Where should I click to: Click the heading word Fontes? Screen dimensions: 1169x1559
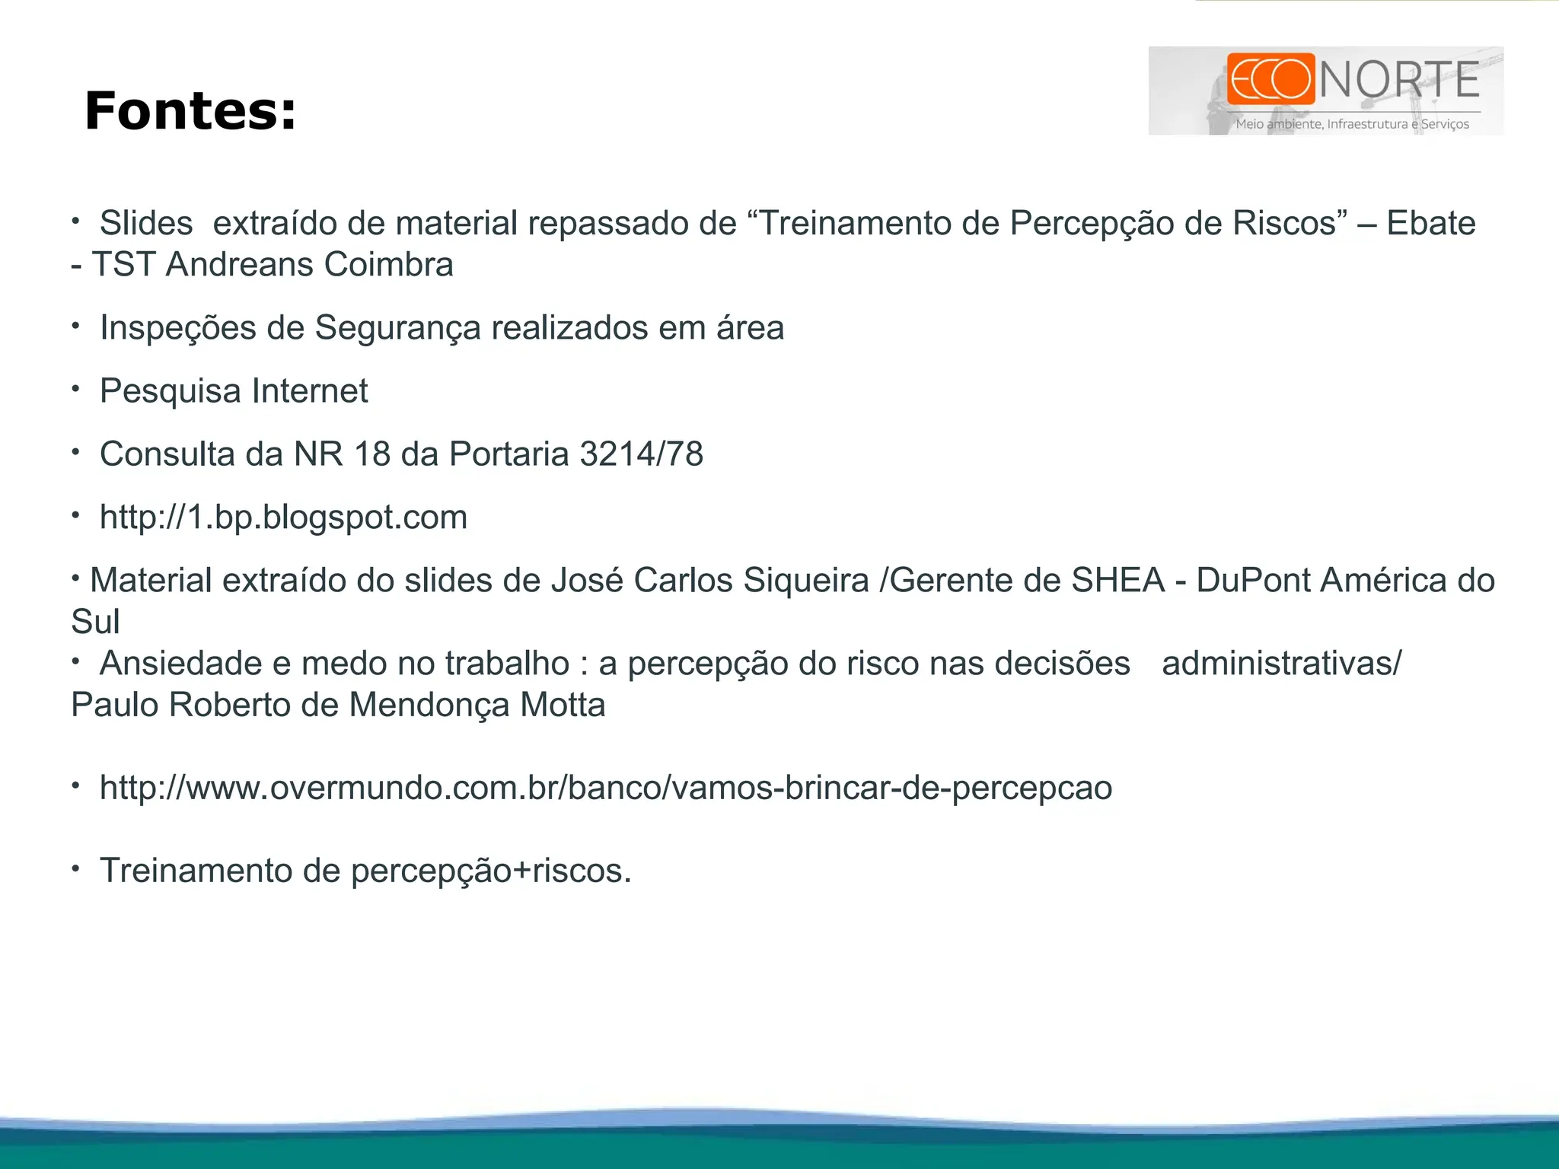[190, 111]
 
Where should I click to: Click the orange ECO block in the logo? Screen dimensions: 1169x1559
[1270, 79]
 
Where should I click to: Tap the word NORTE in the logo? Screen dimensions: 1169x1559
[1399, 81]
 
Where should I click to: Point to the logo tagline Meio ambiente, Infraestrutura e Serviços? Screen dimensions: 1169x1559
[1352, 124]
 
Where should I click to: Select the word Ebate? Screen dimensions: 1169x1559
[1430, 224]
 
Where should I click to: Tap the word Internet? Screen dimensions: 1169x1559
[310, 391]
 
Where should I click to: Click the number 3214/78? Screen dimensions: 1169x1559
[641, 454]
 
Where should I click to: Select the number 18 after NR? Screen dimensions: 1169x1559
[372, 454]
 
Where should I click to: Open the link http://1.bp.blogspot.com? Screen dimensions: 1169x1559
[283, 518]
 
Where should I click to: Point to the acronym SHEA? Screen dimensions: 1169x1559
[1117, 581]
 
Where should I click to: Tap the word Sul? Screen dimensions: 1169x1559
[95, 622]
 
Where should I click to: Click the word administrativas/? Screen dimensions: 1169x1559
[1281, 664]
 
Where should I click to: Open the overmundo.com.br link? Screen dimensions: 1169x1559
[605, 788]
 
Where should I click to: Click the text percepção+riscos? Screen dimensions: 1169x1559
[490, 871]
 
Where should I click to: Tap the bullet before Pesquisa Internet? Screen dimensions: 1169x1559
[75, 390]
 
